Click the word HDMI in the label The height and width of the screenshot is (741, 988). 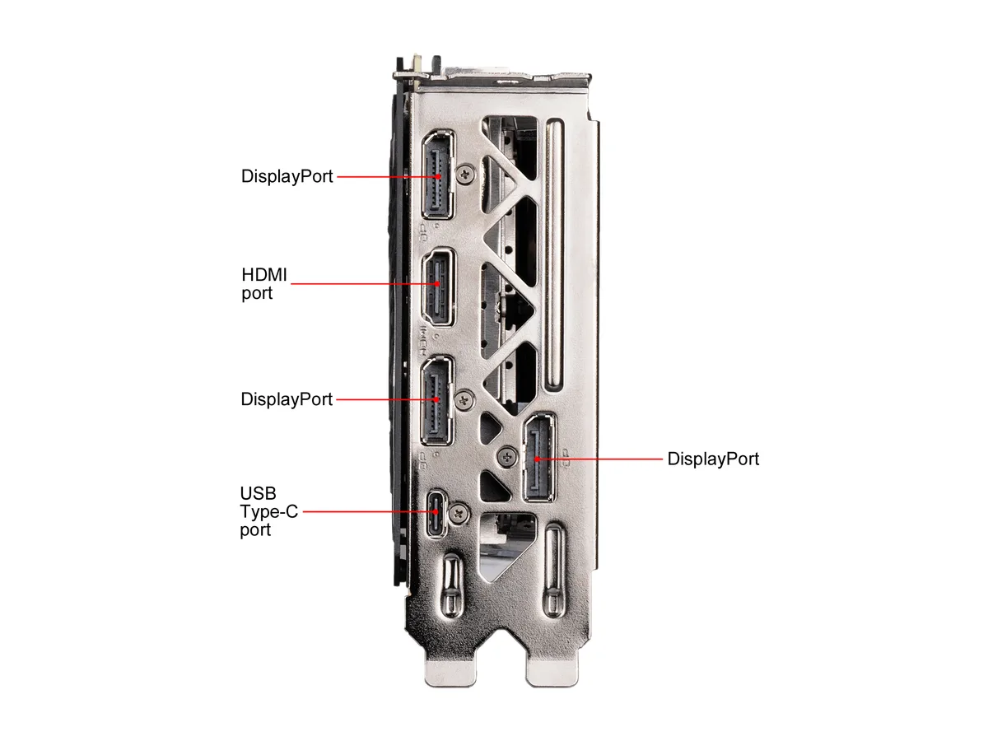click(x=263, y=274)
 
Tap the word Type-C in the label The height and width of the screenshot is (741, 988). click(x=268, y=511)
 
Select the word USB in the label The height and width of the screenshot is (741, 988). click(x=258, y=493)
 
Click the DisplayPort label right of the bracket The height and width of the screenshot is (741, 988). click(x=713, y=459)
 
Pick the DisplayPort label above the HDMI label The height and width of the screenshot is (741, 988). click(x=287, y=176)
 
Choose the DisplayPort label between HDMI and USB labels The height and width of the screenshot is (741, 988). click(x=287, y=399)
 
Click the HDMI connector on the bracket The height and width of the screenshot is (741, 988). click(x=438, y=287)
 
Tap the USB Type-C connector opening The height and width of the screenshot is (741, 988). click(x=436, y=513)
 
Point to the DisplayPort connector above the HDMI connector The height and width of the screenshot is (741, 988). click(x=437, y=175)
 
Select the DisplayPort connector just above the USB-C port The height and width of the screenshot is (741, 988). click(x=436, y=400)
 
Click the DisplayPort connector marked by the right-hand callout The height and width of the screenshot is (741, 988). click(x=538, y=458)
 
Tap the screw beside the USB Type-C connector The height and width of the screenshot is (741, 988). click(x=459, y=513)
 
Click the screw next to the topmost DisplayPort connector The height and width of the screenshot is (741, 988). click(x=466, y=173)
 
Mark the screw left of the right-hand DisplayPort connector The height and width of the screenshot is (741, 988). click(x=507, y=457)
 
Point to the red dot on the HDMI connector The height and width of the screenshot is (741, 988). click(x=437, y=284)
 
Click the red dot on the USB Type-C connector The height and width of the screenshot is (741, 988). click(x=436, y=511)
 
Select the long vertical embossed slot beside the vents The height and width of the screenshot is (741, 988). click(x=554, y=255)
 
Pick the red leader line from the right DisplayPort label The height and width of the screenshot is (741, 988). click(x=599, y=459)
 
